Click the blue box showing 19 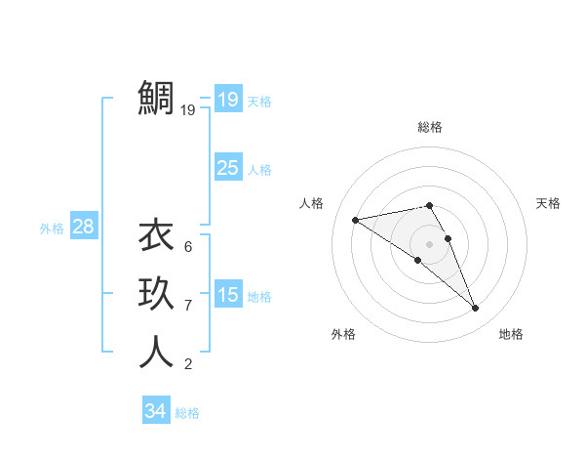[227, 99]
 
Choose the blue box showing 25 [227, 168]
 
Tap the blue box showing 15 [227, 294]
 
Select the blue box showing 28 [83, 228]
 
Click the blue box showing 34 [155, 411]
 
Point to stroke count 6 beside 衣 [187, 247]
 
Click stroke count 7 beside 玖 [187, 306]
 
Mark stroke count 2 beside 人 [187, 364]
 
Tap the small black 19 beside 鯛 [188, 110]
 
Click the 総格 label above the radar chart [429, 127]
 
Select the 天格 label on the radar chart [548, 203]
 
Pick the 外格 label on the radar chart [343, 334]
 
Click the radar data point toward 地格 [476, 309]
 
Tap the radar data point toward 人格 [356, 219]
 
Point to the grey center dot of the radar [429, 242]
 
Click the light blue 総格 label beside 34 [187, 413]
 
